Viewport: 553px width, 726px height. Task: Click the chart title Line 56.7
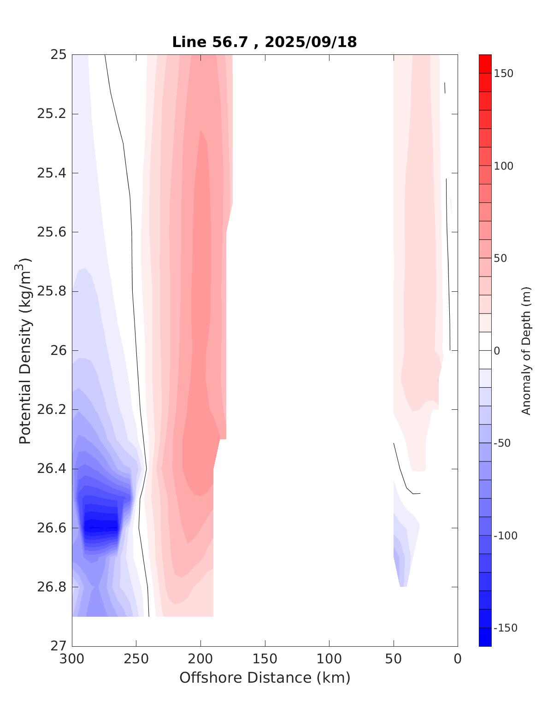[212, 42]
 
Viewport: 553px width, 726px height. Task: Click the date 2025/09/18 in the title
[311, 42]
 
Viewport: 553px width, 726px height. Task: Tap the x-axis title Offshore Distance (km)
[265, 678]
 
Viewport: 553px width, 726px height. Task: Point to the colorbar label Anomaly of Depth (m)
[526, 350]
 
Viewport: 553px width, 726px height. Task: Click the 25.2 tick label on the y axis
[52, 114]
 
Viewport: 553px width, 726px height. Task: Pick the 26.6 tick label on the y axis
[52, 528]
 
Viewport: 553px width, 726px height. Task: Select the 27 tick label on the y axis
[58, 646]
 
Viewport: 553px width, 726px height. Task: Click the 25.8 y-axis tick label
[52, 291]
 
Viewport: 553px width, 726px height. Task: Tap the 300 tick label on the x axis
[72, 659]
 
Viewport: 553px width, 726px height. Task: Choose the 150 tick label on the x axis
[265, 659]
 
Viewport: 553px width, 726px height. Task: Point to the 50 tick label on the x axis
[394, 659]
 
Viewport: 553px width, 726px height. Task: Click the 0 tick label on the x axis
[458, 659]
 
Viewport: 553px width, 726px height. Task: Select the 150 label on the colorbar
[504, 74]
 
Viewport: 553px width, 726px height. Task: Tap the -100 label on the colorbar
[506, 536]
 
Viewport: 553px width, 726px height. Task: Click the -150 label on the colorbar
[506, 628]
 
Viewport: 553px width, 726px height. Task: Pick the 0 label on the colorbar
[497, 351]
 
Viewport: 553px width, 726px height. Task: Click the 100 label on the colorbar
[504, 166]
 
